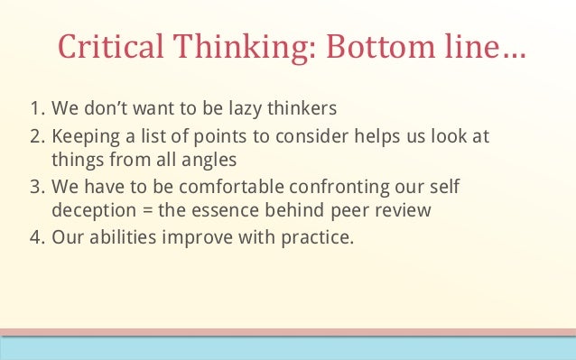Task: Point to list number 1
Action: click(36, 110)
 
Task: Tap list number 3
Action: click(37, 191)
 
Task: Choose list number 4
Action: click(37, 240)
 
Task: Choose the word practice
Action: click(322, 240)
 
